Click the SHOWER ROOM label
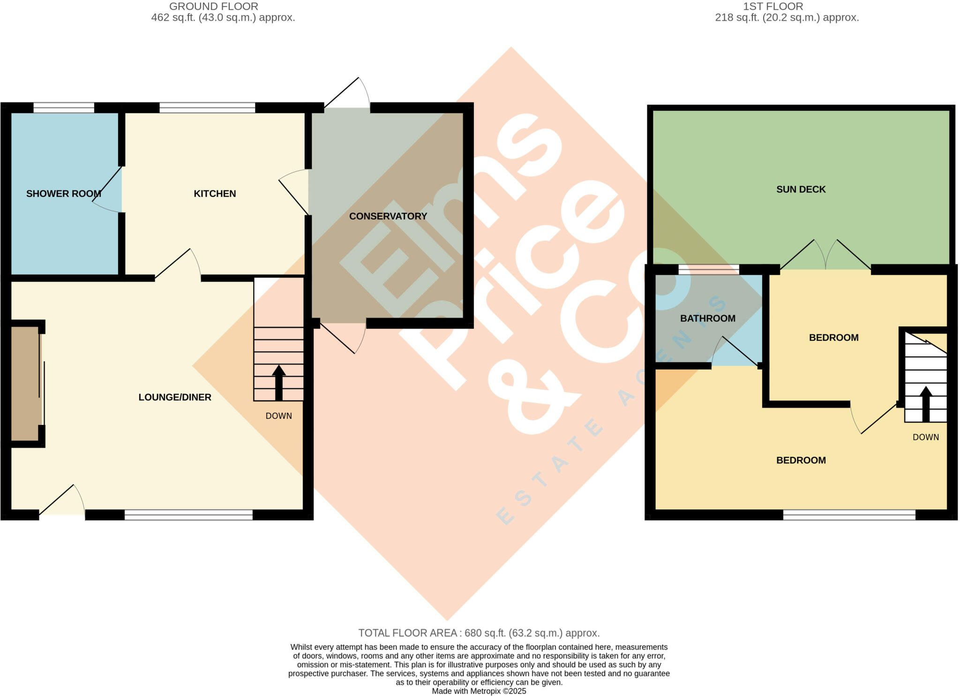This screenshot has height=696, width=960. [x=64, y=194]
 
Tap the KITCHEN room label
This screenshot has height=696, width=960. [x=215, y=194]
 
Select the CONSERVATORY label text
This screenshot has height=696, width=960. [x=388, y=216]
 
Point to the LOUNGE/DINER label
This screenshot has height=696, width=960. [x=175, y=397]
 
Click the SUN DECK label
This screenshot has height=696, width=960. [x=801, y=189]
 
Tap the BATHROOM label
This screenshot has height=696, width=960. [x=707, y=318]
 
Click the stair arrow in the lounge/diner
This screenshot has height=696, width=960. [x=279, y=382]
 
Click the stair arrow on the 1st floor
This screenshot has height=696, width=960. [x=925, y=403]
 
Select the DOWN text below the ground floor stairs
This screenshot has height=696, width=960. [x=278, y=416]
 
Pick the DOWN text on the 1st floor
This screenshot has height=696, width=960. [x=925, y=437]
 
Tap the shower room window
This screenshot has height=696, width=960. [x=64, y=108]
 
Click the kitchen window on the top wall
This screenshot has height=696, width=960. [x=207, y=108]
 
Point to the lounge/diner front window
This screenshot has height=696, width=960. [x=188, y=515]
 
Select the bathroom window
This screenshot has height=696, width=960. [x=708, y=269]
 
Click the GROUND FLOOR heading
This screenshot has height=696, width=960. [x=213, y=7]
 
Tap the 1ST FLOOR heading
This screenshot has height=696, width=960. [x=773, y=7]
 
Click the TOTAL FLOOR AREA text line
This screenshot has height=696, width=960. [x=479, y=633]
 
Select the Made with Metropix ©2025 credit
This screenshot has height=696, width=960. [x=479, y=691]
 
